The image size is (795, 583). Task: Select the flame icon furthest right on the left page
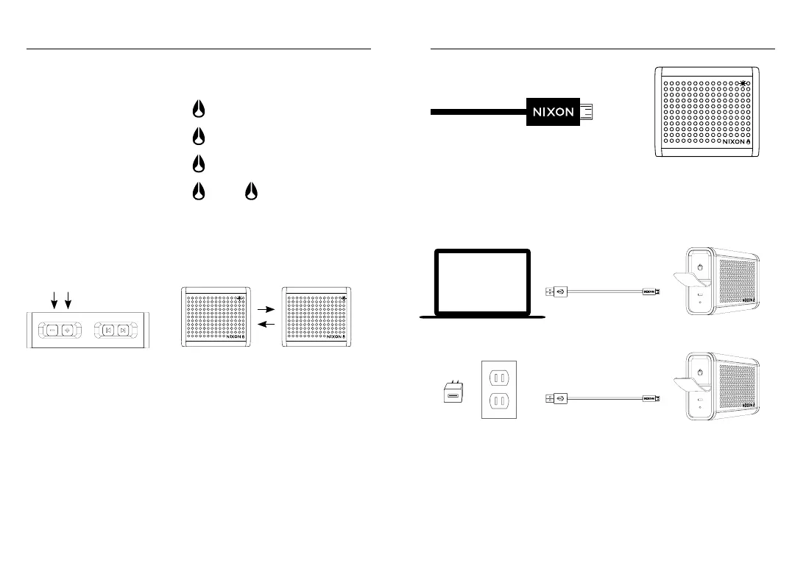point(250,191)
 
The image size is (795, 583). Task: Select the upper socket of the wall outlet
point(501,378)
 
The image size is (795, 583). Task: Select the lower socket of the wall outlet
point(501,403)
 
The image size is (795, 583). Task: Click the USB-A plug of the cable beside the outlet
point(550,398)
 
